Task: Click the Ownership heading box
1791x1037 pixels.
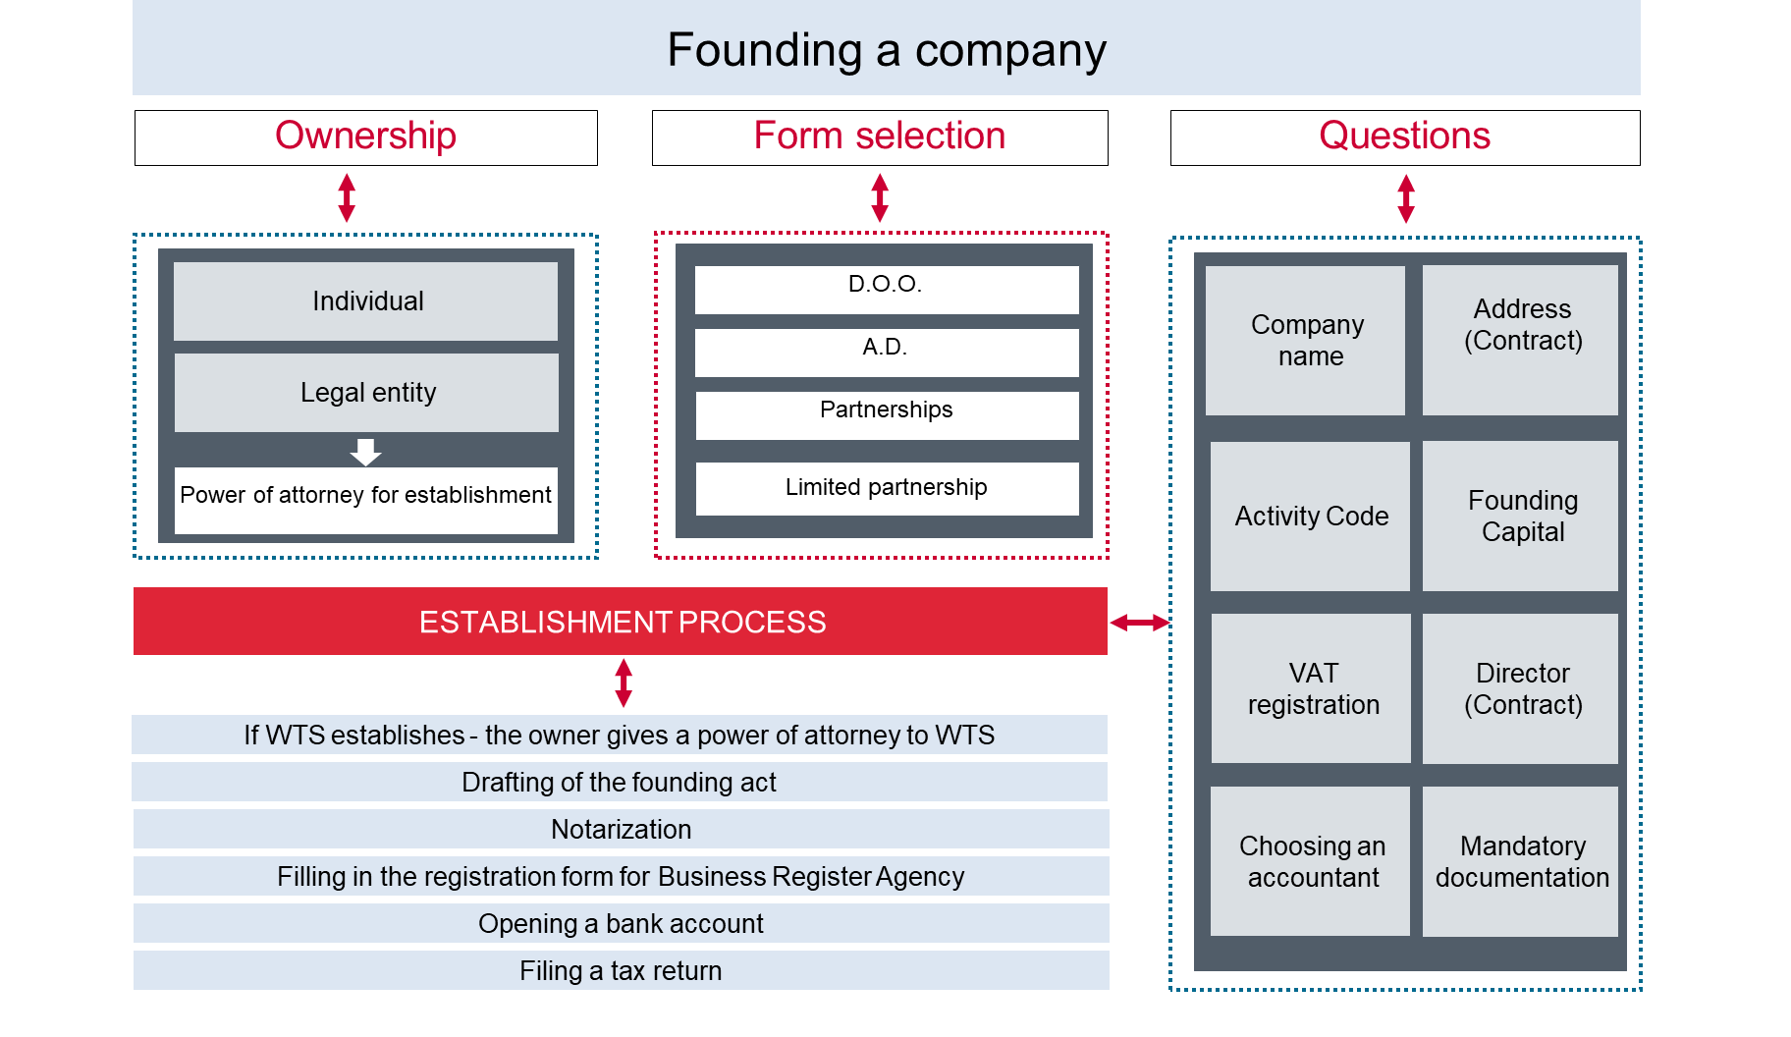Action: click(x=365, y=137)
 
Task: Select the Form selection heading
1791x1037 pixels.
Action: click(x=880, y=137)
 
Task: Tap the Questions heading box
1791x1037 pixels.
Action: click(x=1404, y=137)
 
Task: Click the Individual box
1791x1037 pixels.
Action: click(x=366, y=300)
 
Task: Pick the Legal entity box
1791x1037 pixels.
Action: click(x=366, y=392)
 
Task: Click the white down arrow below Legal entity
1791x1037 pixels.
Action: click(x=365, y=452)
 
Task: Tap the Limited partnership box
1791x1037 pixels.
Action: click(x=886, y=488)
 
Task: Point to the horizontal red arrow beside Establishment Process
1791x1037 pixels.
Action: click(x=1139, y=622)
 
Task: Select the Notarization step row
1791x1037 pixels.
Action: click(x=621, y=829)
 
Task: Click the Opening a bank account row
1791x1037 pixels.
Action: click(x=621, y=923)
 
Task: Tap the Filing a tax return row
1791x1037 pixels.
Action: click(x=621, y=970)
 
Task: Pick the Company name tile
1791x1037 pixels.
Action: click(x=1306, y=340)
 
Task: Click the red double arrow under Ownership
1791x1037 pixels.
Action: click(x=347, y=197)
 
